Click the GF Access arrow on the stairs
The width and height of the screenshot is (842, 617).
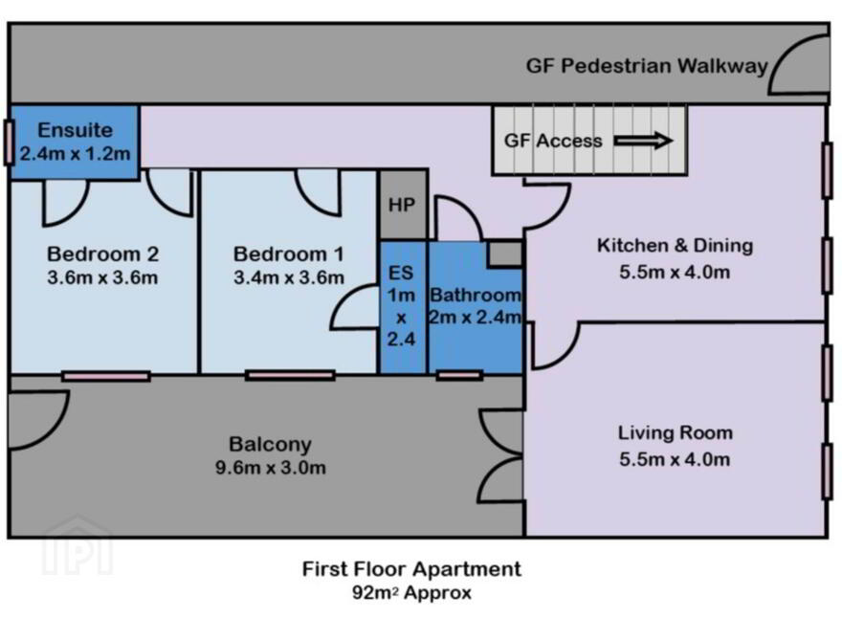coord(643,141)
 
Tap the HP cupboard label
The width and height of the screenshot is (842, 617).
coord(401,205)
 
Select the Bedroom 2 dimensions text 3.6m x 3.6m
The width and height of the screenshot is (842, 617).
coord(102,277)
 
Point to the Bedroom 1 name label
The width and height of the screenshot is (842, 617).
coord(288,254)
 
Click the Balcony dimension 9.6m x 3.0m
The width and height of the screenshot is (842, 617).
coord(271,467)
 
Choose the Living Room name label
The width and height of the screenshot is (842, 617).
coord(675,432)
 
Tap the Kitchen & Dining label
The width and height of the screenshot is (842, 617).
coord(675,246)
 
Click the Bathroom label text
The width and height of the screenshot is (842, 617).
coord(476,295)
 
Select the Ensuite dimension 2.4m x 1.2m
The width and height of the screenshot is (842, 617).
coord(76,154)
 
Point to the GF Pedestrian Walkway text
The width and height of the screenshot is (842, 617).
coord(647,66)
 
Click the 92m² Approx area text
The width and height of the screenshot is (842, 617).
coord(411,593)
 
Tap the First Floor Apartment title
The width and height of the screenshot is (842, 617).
coord(411,568)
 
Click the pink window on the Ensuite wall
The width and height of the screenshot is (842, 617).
coord(9,142)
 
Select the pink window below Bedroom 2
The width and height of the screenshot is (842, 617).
coord(106,376)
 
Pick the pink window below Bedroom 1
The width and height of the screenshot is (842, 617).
coord(290,375)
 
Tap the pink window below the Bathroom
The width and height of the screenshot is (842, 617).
coord(458,375)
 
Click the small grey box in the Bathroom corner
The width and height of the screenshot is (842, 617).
coord(505,253)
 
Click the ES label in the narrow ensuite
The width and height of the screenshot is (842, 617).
coord(401,273)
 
